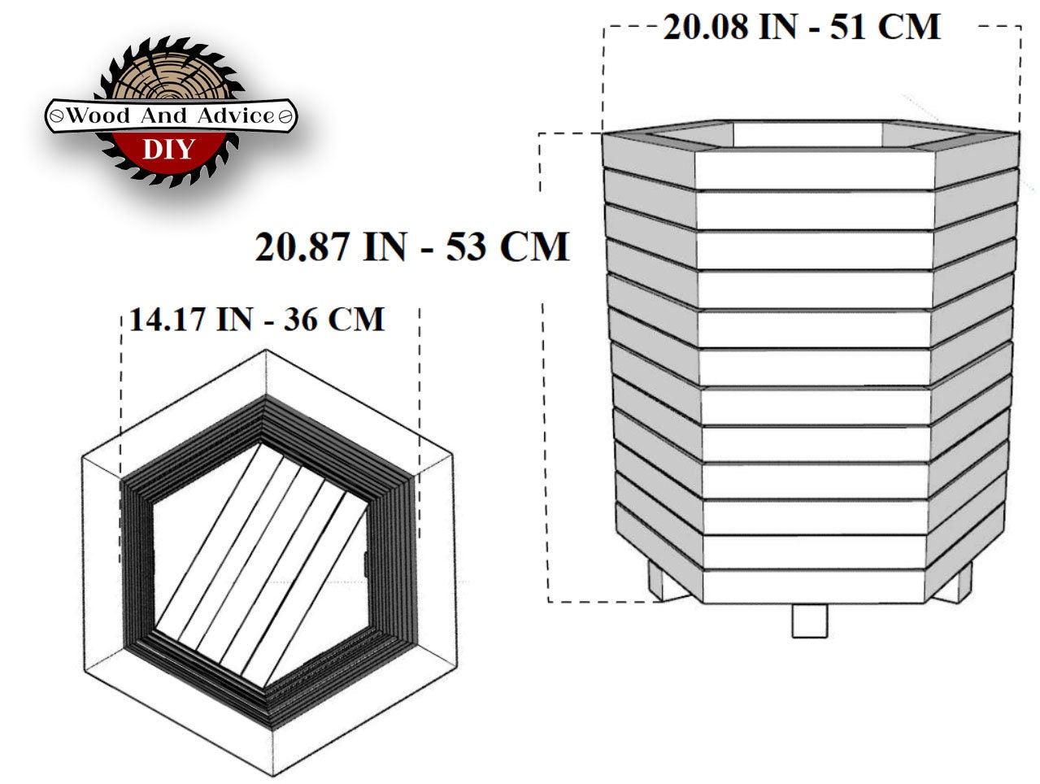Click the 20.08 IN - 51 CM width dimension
(x=801, y=27)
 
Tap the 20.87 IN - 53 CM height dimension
(x=411, y=246)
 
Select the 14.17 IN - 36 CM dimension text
(x=257, y=319)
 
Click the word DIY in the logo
(x=169, y=149)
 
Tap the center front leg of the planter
(x=810, y=620)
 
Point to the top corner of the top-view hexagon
(x=268, y=351)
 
